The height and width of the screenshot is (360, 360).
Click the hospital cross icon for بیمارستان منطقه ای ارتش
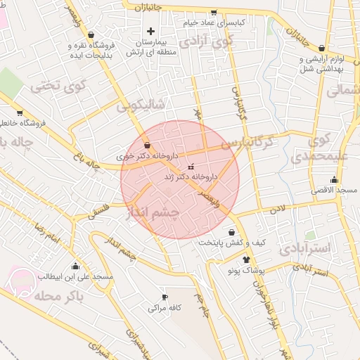tap(150, 32)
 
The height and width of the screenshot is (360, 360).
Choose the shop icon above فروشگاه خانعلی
tap(19, 112)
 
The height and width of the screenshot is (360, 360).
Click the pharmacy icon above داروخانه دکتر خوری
tap(146, 145)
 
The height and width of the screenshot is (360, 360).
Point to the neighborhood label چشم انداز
tap(153, 212)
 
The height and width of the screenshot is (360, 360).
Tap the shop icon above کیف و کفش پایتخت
tap(232, 232)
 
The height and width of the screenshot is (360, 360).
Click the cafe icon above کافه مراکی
tap(165, 297)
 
